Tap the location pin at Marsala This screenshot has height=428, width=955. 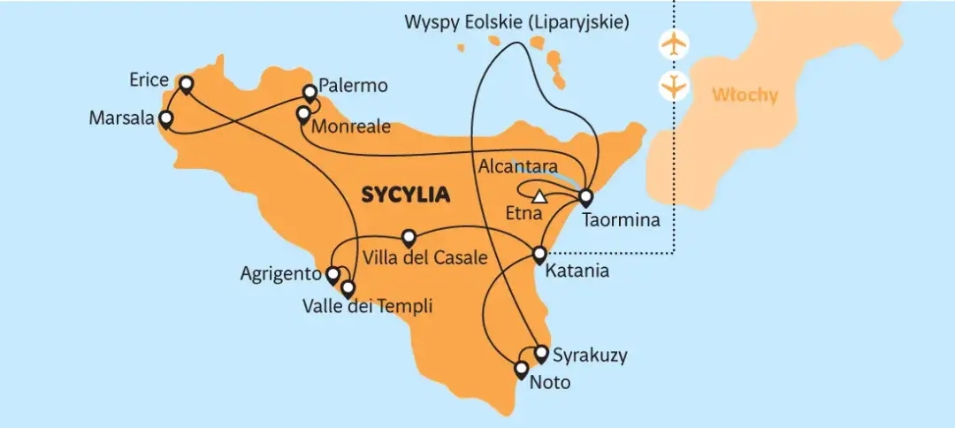coord(165,118)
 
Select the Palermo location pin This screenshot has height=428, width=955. coord(309,92)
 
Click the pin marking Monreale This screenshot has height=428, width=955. coord(302,113)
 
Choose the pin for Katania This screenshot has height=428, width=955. coord(540,255)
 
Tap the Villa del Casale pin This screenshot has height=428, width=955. coord(409,237)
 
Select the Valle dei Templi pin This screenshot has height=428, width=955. coord(348,288)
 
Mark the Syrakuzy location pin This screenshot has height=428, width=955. coord(542,353)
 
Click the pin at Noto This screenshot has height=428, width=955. coord(522,369)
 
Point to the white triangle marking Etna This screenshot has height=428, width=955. coord(539,196)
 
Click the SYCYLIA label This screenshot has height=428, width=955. coord(404,195)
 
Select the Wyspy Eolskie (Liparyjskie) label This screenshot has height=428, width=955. coord(517,22)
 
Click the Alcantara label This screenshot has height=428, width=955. coord(517,166)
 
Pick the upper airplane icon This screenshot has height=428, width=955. coord(674,43)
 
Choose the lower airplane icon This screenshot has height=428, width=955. coord(674,87)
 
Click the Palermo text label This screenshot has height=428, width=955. coord(353,87)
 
